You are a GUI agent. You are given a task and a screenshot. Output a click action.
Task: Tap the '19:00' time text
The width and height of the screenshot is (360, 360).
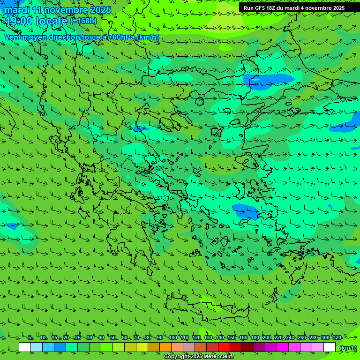pos(19,21)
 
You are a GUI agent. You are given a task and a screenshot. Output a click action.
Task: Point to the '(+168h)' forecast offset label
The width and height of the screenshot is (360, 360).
pos(83,21)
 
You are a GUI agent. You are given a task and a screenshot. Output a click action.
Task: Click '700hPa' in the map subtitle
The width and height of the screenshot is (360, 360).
pos(121,37)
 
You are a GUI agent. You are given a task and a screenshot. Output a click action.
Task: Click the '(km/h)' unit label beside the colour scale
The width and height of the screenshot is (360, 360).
pos(348,348)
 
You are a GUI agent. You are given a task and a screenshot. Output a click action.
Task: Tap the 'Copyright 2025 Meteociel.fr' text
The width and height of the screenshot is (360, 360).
pos(199,357)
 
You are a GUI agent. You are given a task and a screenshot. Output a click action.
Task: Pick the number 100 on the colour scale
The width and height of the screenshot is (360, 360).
pos(173,338)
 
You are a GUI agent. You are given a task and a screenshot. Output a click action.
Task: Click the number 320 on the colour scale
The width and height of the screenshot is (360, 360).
pos(337,338)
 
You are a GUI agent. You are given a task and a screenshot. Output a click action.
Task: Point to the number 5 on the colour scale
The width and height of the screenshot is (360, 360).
pos(30,338)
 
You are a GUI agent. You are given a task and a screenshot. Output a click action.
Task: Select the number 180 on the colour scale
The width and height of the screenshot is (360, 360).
pos(255,338)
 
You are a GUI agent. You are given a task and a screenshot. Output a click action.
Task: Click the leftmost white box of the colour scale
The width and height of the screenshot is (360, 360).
pos(25,347)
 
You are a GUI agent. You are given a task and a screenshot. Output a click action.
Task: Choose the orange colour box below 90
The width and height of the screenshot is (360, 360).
pos(165,347)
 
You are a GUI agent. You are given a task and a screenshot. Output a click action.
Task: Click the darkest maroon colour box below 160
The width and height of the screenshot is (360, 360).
pos(247,347)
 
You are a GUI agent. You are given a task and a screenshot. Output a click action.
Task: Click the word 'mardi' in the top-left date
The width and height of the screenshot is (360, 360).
pos(17,10)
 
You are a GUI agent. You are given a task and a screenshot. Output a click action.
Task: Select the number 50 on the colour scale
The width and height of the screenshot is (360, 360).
pos(113,338)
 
